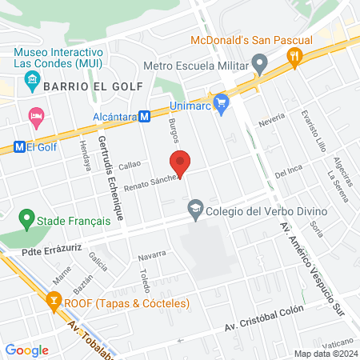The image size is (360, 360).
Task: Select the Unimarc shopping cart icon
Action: click(x=222, y=102)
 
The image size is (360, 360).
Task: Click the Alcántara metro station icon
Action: click(x=146, y=117)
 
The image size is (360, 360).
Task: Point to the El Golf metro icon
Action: click(x=19, y=146)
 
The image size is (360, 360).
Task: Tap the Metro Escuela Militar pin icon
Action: click(x=259, y=62)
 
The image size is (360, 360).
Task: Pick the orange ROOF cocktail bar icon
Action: click(x=54, y=303)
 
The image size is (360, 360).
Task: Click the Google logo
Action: click(x=26, y=350)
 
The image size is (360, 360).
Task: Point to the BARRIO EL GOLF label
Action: click(x=94, y=86)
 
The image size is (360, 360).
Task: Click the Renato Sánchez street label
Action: click(x=126, y=180)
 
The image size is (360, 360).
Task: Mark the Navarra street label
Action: click(x=151, y=254)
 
